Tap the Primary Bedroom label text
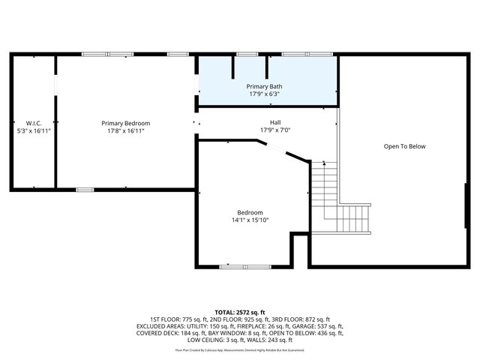(126, 123)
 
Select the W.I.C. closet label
(33, 123)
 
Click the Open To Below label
(404, 146)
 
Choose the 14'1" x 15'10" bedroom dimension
(250, 220)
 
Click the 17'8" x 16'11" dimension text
(126, 130)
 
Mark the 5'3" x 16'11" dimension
(33, 130)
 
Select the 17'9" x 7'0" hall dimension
(275, 130)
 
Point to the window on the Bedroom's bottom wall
(245, 266)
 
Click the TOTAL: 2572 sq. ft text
(240, 312)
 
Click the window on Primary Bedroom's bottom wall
(85, 189)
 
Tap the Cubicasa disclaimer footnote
(240, 349)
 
